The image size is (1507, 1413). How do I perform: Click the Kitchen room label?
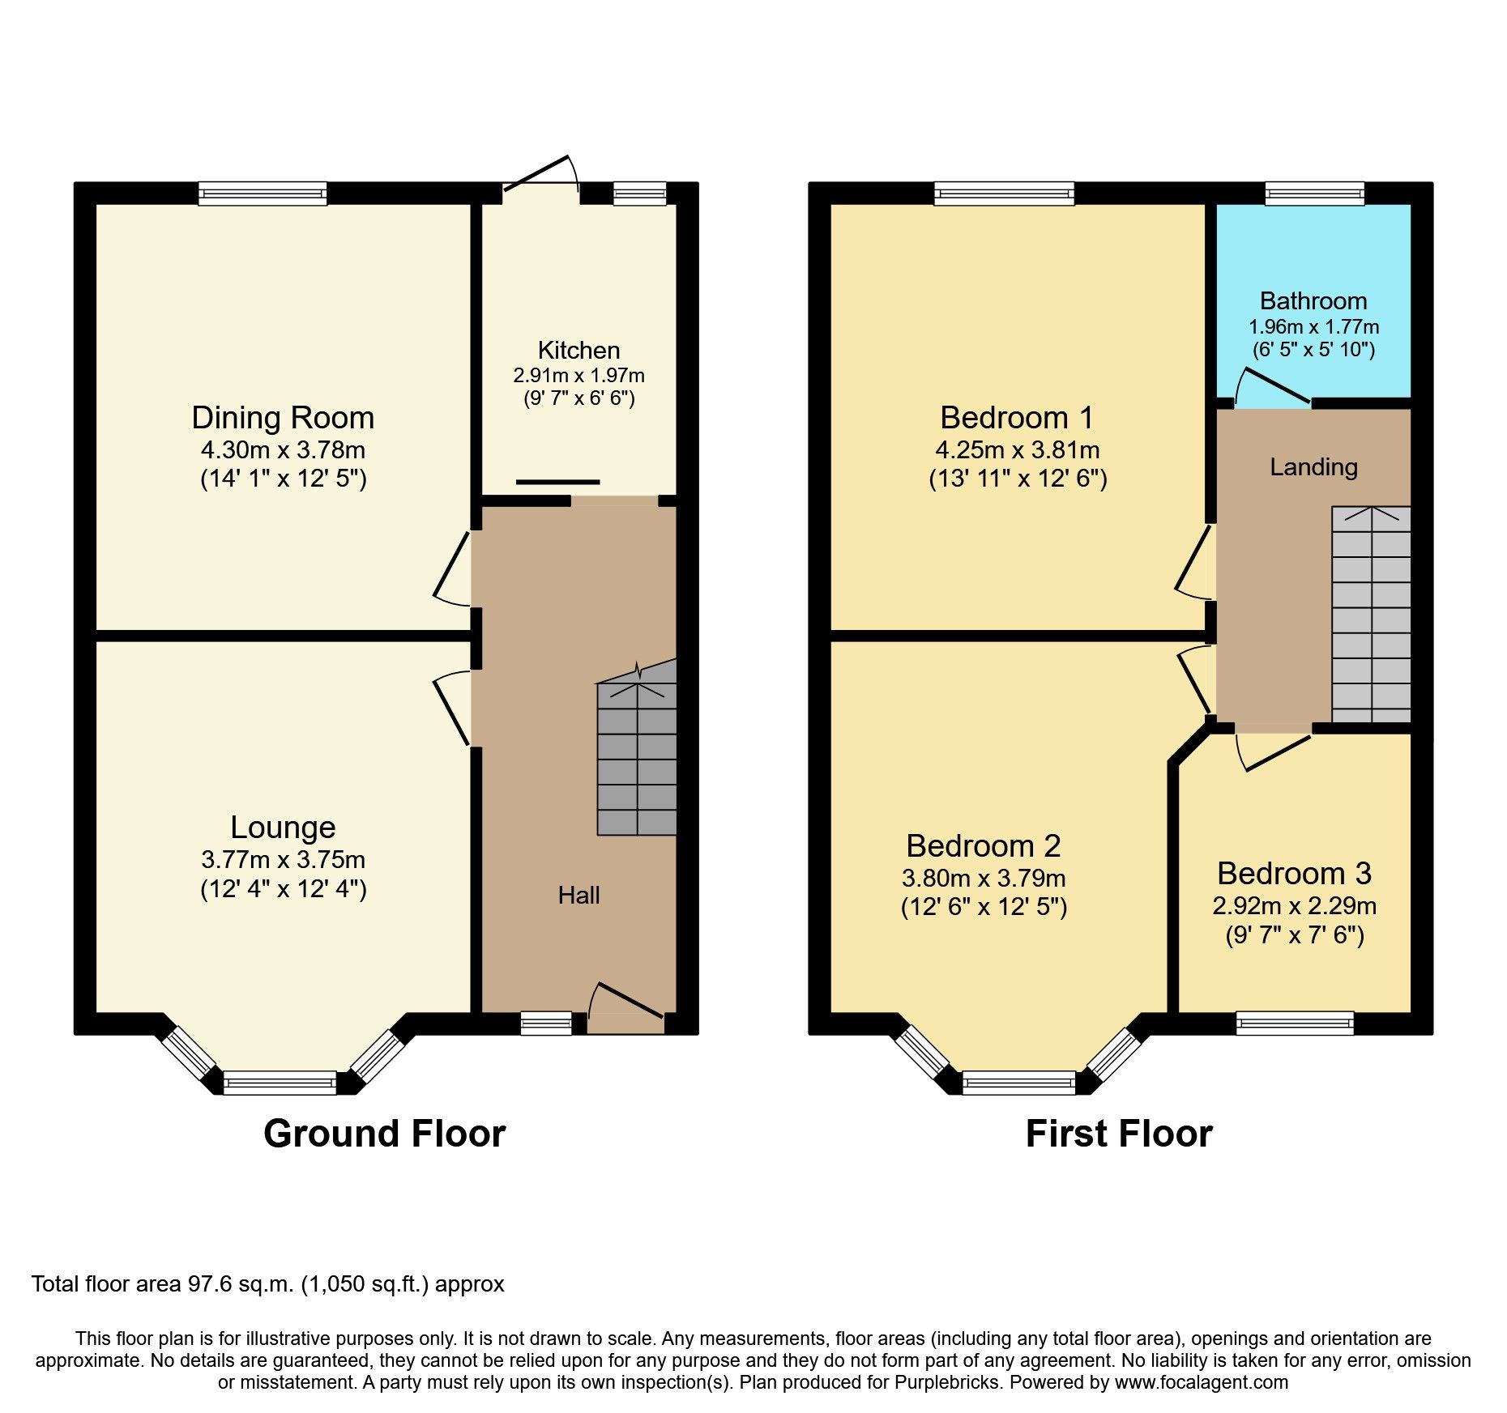click(x=578, y=351)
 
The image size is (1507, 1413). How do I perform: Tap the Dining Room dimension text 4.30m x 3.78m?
click(x=283, y=450)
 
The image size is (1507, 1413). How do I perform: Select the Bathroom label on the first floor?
click(x=1313, y=301)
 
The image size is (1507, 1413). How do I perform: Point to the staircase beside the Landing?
click(x=1371, y=615)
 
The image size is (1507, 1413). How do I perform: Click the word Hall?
click(x=578, y=895)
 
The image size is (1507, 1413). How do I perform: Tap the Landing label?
click(x=1313, y=467)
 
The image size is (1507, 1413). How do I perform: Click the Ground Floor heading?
click(x=384, y=1133)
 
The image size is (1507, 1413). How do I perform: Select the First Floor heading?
click(x=1118, y=1133)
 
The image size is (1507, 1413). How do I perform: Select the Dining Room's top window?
click(x=263, y=193)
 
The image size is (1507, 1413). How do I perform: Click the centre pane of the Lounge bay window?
click(x=280, y=1083)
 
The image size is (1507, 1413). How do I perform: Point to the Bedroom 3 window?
click(x=1295, y=1024)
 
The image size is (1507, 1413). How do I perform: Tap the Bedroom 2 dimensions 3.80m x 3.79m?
click(x=983, y=879)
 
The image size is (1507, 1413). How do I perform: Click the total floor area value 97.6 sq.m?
click(x=241, y=1284)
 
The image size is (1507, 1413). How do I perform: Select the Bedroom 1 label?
click(x=1017, y=418)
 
